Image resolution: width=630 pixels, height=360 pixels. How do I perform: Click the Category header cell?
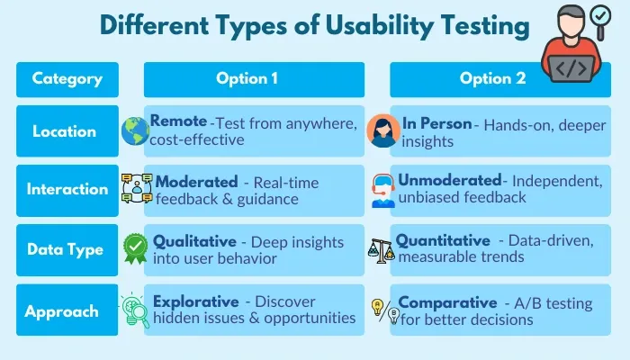click(x=67, y=79)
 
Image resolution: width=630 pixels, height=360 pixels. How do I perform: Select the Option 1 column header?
click(x=254, y=79)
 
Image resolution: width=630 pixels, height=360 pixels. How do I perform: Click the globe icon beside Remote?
click(x=134, y=131)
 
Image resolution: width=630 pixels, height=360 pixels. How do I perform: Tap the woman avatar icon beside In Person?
click(x=382, y=131)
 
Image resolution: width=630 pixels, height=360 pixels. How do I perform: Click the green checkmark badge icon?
click(x=135, y=249)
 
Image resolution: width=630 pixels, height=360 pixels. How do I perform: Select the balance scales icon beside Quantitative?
click(x=382, y=250)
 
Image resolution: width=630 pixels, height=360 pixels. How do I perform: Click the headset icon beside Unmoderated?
click(x=382, y=191)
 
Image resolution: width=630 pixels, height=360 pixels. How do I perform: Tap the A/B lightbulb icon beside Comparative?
click(x=382, y=310)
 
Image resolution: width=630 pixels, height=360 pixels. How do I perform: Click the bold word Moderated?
click(x=196, y=182)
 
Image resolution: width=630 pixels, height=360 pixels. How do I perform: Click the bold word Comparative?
click(x=447, y=302)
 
